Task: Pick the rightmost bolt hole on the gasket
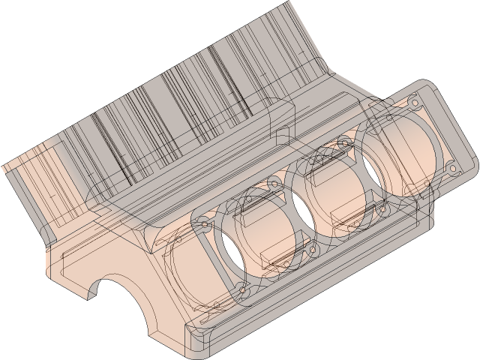point(451,166)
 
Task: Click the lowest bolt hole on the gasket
point(242,289)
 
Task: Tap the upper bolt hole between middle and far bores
point(345,141)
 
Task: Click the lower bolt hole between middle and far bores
point(382,208)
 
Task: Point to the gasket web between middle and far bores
point(363,175)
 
